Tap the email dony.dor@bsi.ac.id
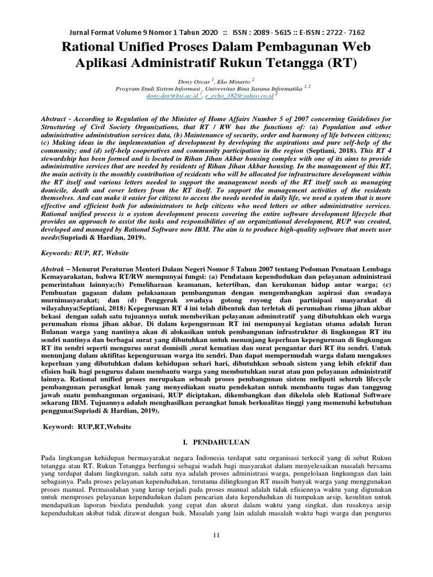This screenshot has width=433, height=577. pyautogui.click(x=172, y=96)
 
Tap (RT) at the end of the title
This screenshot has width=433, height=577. pyautogui.click(x=341, y=63)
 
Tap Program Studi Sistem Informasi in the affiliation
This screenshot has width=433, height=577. pyautogui.click(x=158, y=89)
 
